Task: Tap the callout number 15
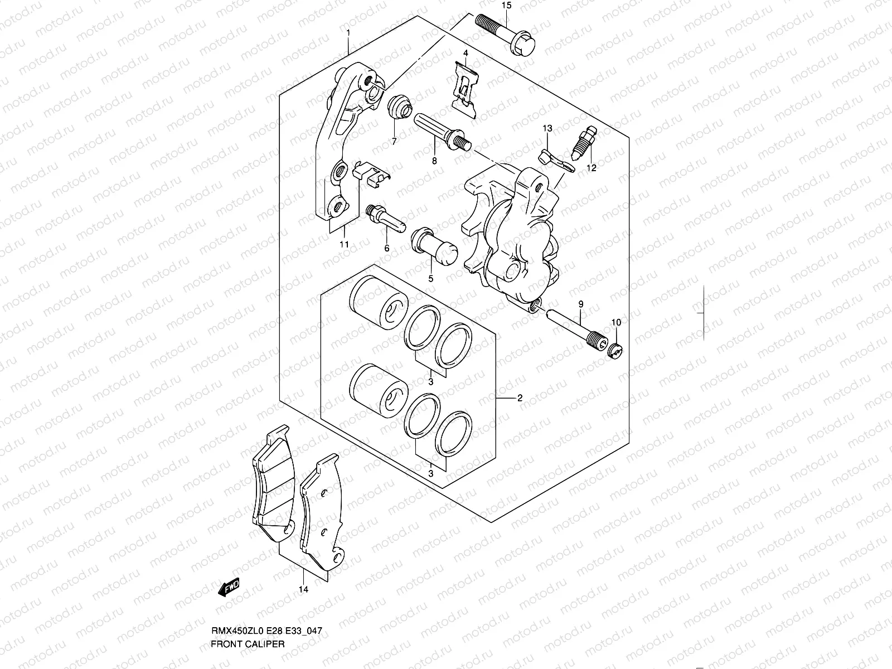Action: pos(506,6)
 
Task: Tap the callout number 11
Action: pos(344,244)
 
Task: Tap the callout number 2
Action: pos(519,398)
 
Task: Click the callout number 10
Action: pos(616,322)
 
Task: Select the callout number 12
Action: pos(592,168)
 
